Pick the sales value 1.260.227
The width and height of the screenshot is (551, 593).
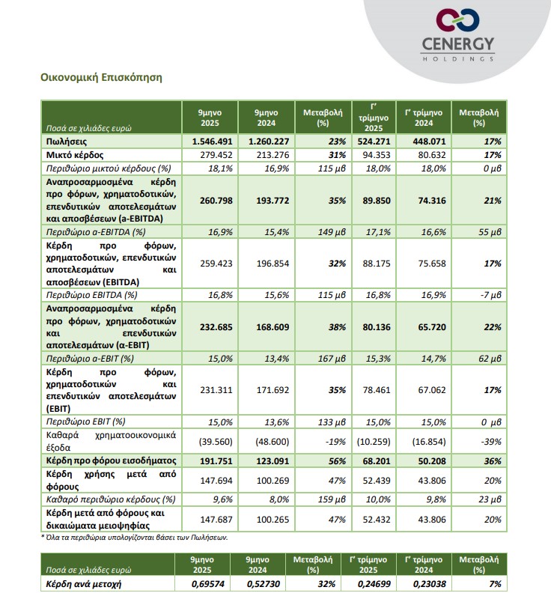coord(266,141)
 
